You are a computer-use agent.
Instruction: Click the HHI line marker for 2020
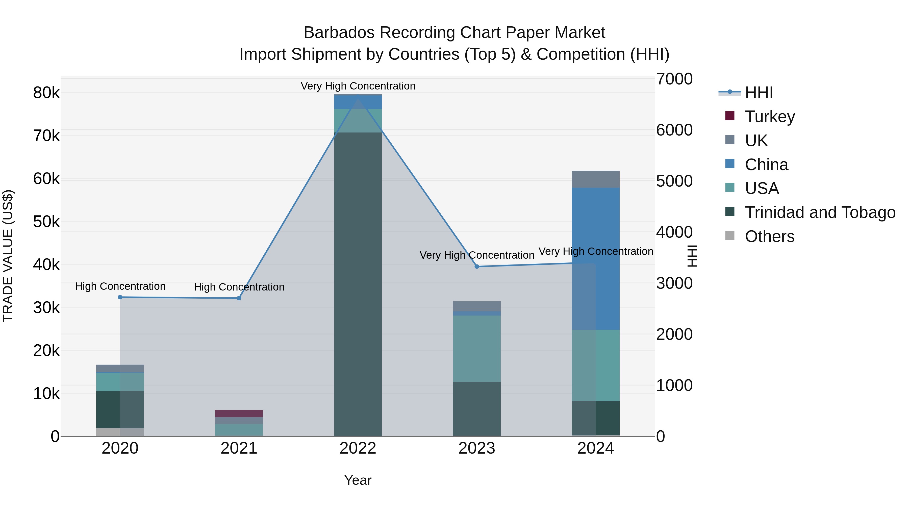pyautogui.click(x=120, y=297)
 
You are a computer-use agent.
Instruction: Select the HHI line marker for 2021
pyautogui.click(x=239, y=298)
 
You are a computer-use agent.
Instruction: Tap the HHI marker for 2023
pyautogui.click(x=477, y=266)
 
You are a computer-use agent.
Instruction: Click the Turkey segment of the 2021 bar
pyautogui.click(x=239, y=413)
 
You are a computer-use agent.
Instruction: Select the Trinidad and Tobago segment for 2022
pyautogui.click(x=358, y=283)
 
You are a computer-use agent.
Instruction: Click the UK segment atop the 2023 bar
pyautogui.click(x=477, y=306)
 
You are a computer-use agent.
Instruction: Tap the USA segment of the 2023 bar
pyautogui.click(x=477, y=348)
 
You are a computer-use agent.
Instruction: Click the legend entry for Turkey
pyautogui.click(x=770, y=117)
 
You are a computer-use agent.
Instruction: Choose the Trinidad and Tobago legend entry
pyautogui.click(x=820, y=212)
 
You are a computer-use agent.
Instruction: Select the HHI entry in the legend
pyautogui.click(x=759, y=93)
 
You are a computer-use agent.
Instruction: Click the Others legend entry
pyautogui.click(x=769, y=236)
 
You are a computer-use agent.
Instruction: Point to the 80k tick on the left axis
pyautogui.click(x=46, y=93)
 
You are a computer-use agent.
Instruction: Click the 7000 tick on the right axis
pyautogui.click(x=674, y=79)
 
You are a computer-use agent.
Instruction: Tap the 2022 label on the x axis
pyautogui.click(x=358, y=448)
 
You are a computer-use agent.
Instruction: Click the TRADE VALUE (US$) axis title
pyautogui.click(x=8, y=256)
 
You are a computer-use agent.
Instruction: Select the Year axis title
pyautogui.click(x=358, y=480)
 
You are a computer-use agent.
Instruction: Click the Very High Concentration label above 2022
pyautogui.click(x=358, y=86)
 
